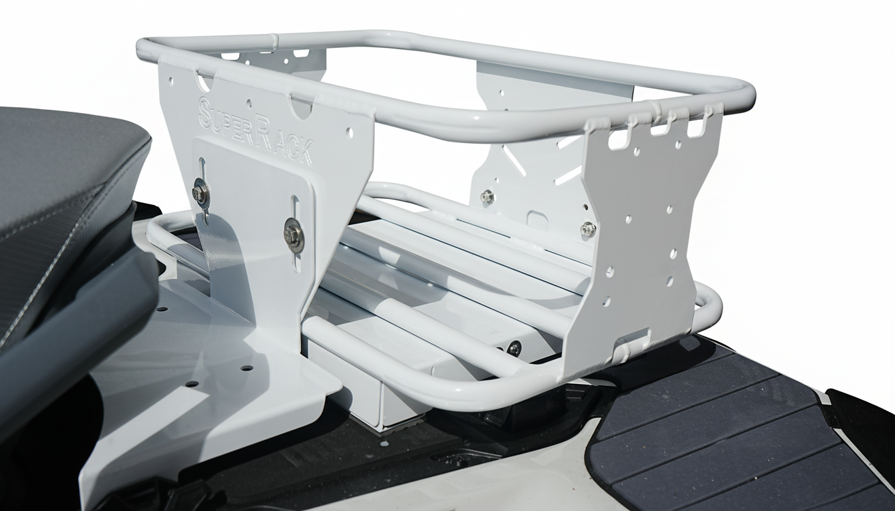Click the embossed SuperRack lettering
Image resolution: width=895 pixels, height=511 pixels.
point(256,130)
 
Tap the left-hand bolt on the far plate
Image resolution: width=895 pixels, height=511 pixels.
point(487,196)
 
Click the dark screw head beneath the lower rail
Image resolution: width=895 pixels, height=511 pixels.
point(513,347)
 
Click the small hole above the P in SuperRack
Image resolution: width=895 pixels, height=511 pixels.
point(248,104)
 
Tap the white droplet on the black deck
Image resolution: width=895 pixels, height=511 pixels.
point(384,442)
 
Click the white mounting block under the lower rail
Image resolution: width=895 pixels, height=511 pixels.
point(373,393)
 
